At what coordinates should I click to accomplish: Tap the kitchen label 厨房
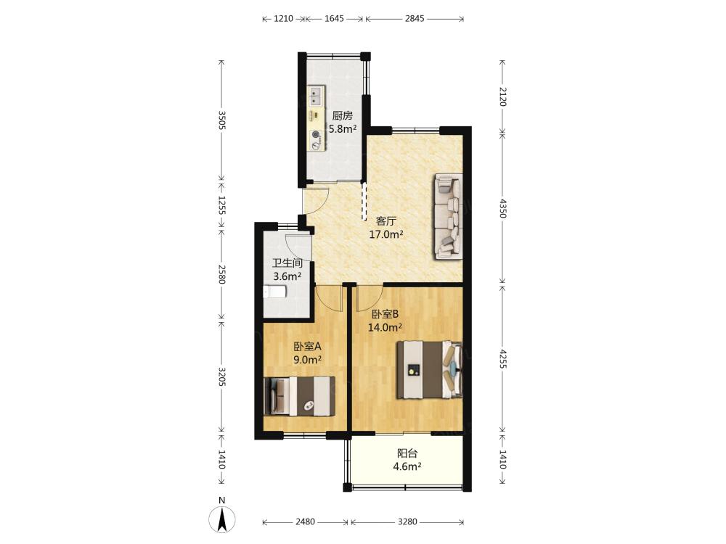click(343, 115)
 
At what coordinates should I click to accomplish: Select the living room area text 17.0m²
click(386, 234)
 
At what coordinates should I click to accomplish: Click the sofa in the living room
click(448, 215)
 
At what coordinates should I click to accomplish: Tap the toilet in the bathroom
click(274, 292)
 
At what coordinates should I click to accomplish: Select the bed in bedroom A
click(299, 396)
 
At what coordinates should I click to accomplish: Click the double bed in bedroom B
click(430, 370)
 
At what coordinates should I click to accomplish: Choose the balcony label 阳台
click(407, 454)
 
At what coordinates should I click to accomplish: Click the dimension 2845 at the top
click(415, 19)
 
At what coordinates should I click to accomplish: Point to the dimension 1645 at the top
click(334, 19)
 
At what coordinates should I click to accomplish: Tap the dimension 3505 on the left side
click(221, 120)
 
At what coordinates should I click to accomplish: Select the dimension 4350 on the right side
click(503, 208)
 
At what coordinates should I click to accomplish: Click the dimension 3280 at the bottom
click(407, 522)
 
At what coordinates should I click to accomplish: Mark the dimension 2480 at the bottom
click(305, 522)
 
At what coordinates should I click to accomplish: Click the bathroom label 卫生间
click(287, 263)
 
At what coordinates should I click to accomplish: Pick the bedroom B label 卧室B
click(386, 315)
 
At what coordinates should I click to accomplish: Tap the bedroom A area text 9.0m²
click(307, 360)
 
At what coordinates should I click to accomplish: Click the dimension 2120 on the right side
click(503, 96)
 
